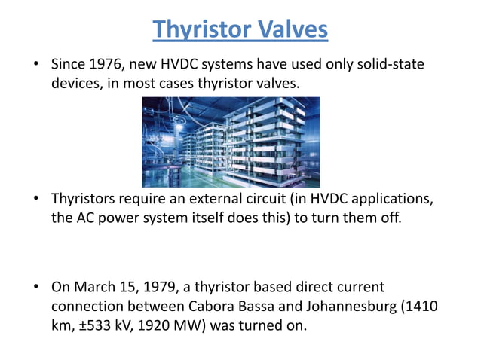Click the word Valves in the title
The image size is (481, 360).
291,29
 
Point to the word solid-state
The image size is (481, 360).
391,65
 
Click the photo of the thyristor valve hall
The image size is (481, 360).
231,142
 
